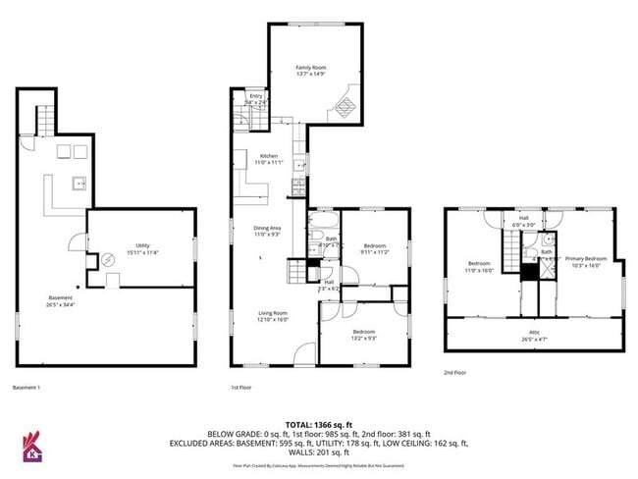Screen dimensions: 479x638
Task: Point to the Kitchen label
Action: point(268,156)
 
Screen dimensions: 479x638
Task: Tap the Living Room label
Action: point(273,313)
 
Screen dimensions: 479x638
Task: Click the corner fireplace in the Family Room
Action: point(345,102)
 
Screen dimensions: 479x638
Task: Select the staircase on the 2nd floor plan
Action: point(510,255)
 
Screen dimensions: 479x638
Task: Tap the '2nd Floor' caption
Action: point(455,372)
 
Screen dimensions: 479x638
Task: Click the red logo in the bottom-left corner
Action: point(31,448)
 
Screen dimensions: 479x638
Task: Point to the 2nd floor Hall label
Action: point(524,218)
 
